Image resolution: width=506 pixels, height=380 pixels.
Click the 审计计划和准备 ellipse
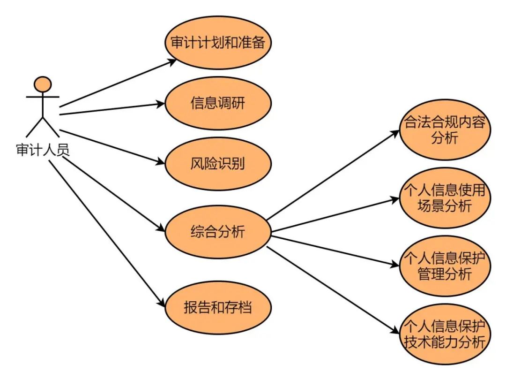click(218, 43)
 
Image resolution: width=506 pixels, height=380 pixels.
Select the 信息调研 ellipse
click(218, 103)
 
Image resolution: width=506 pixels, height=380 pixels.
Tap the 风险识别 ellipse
click(218, 164)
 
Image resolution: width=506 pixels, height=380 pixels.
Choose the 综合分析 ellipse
click(218, 231)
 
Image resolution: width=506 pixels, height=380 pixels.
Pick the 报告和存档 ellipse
click(218, 307)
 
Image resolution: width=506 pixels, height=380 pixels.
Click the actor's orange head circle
click(43, 84)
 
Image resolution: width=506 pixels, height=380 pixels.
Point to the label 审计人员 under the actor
click(43, 151)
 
